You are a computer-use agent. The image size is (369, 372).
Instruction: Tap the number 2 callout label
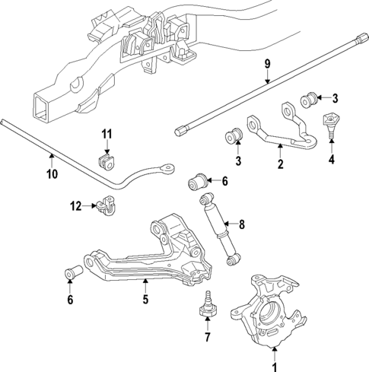[x=279, y=164]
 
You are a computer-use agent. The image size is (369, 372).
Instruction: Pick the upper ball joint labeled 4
[x=330, y=122]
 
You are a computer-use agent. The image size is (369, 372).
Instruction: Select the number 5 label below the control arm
[x=145, y=300]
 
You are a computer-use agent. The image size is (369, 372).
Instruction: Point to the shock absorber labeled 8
[x=221, y=232]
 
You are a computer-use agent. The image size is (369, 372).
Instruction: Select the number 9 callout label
[x=268, y=65]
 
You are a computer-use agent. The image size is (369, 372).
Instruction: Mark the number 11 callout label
[x=107, y=135]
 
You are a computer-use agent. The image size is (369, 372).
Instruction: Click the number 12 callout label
[x=75, y=205]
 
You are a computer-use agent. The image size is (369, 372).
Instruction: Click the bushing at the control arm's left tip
[x=72, y=272]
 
